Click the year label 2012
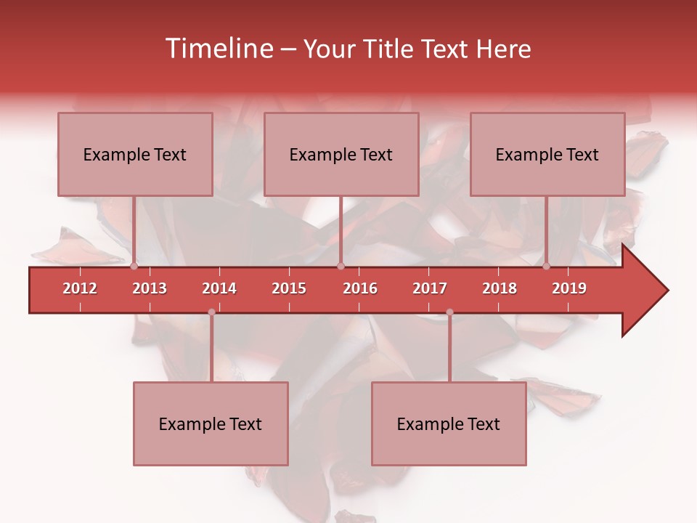click(x=80, y=288)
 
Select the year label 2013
click(x=150, y=288)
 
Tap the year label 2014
click(x=219, y=288)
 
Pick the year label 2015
click(x=289, y=288)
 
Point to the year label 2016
click(x=360, y=288)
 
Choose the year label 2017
click(x=430, y=288)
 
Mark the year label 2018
click(x=500, y=288)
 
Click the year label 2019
click(x=569, y=288)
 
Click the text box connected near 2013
click(x=135, y=154)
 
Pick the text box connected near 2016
click(x=341, y=154)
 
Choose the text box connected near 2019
click(x=547, y=154)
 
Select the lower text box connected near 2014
click(x=211, y=423)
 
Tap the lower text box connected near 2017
click(x=449, y=423)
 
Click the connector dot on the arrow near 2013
click(x=134, y=266)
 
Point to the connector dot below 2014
click(x=211, y=312)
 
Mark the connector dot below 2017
click(x=449, y=312)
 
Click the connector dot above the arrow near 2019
click(x=547, y=266)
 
